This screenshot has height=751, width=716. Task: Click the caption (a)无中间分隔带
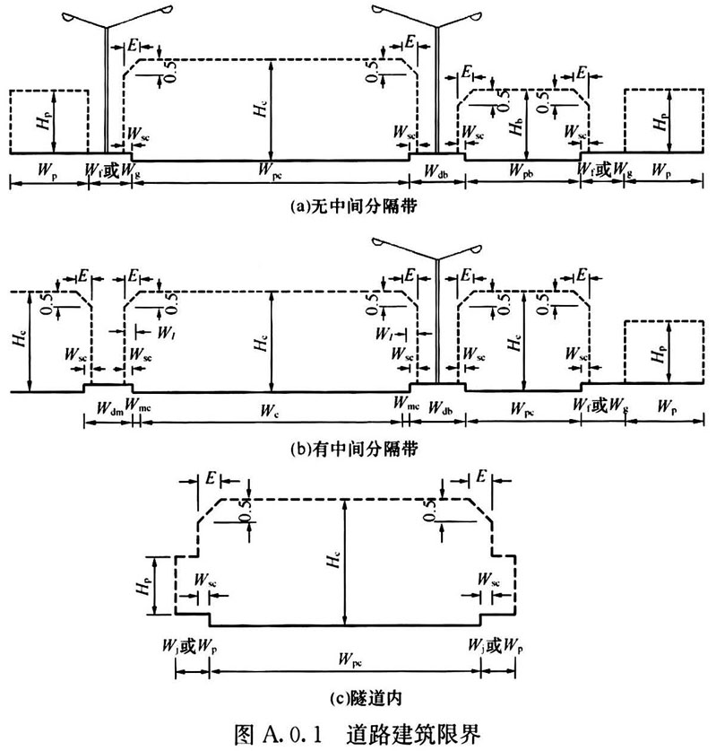coord(354,206)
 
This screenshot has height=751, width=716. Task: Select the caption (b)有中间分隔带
coord(354,449)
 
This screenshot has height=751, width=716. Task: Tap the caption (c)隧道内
coord(366,699)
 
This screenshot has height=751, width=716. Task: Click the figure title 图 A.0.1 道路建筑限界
coord(358,733)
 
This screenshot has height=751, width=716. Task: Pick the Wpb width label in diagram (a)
coord(522,170)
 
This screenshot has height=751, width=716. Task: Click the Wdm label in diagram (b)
coord(109,408)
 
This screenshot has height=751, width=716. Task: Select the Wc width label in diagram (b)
coord(269,410)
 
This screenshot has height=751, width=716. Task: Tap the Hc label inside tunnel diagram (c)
coord(333,559)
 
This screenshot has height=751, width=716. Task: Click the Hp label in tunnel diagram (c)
coord(143,586)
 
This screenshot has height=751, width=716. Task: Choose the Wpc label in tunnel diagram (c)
coord(350,659)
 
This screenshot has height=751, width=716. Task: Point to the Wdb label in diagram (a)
coord(436,170)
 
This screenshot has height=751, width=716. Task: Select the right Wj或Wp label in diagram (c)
coord(496,647)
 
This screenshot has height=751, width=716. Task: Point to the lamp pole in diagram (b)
coord(437,321)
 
